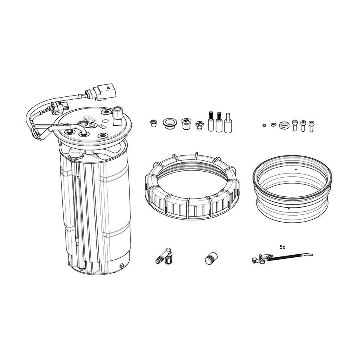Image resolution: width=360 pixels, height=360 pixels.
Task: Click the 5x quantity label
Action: pos(282,247)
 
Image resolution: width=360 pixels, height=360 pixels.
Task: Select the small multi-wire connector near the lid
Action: pos(60,107)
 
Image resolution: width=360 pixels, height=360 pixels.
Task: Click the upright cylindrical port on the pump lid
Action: pos(118,112)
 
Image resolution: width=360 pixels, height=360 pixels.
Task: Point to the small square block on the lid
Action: pos(117,122)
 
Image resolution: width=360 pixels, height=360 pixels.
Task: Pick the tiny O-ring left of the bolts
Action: pos(264,125)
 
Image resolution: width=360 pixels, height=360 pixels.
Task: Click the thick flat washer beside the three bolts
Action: pos(285,125)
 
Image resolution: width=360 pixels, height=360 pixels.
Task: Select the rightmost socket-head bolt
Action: pos(311,126)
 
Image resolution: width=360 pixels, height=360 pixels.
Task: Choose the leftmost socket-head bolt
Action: pos(295,125)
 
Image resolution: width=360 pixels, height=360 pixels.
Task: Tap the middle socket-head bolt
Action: pos(303,126)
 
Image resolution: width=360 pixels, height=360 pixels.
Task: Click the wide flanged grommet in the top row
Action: pos(170,124)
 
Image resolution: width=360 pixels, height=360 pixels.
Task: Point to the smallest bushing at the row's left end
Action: pos(153,123)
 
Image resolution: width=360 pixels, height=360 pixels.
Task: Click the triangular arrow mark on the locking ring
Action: pos(216,195)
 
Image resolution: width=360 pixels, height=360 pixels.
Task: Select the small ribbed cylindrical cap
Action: pos(211,258)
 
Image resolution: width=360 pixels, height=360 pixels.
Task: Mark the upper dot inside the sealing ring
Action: pos(296,170)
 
